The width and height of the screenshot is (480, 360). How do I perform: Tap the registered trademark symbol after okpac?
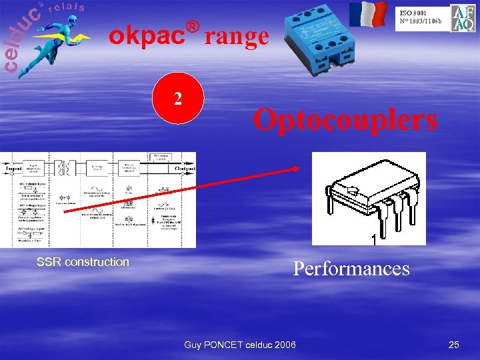pos(193,26)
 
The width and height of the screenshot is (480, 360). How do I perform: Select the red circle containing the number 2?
pos(178,99)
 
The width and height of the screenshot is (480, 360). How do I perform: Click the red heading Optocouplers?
pos(345,120)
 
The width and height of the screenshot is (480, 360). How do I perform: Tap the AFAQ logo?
pos(463,19)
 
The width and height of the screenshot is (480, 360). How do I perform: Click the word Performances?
pos(351,268)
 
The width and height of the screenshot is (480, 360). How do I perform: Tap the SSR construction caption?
pos(83,261)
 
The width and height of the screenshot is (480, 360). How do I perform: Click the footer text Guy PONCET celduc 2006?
pos(240,344)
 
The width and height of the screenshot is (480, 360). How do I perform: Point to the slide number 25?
pos(454,344)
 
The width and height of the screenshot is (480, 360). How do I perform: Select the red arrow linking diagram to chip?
pos(180,189)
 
